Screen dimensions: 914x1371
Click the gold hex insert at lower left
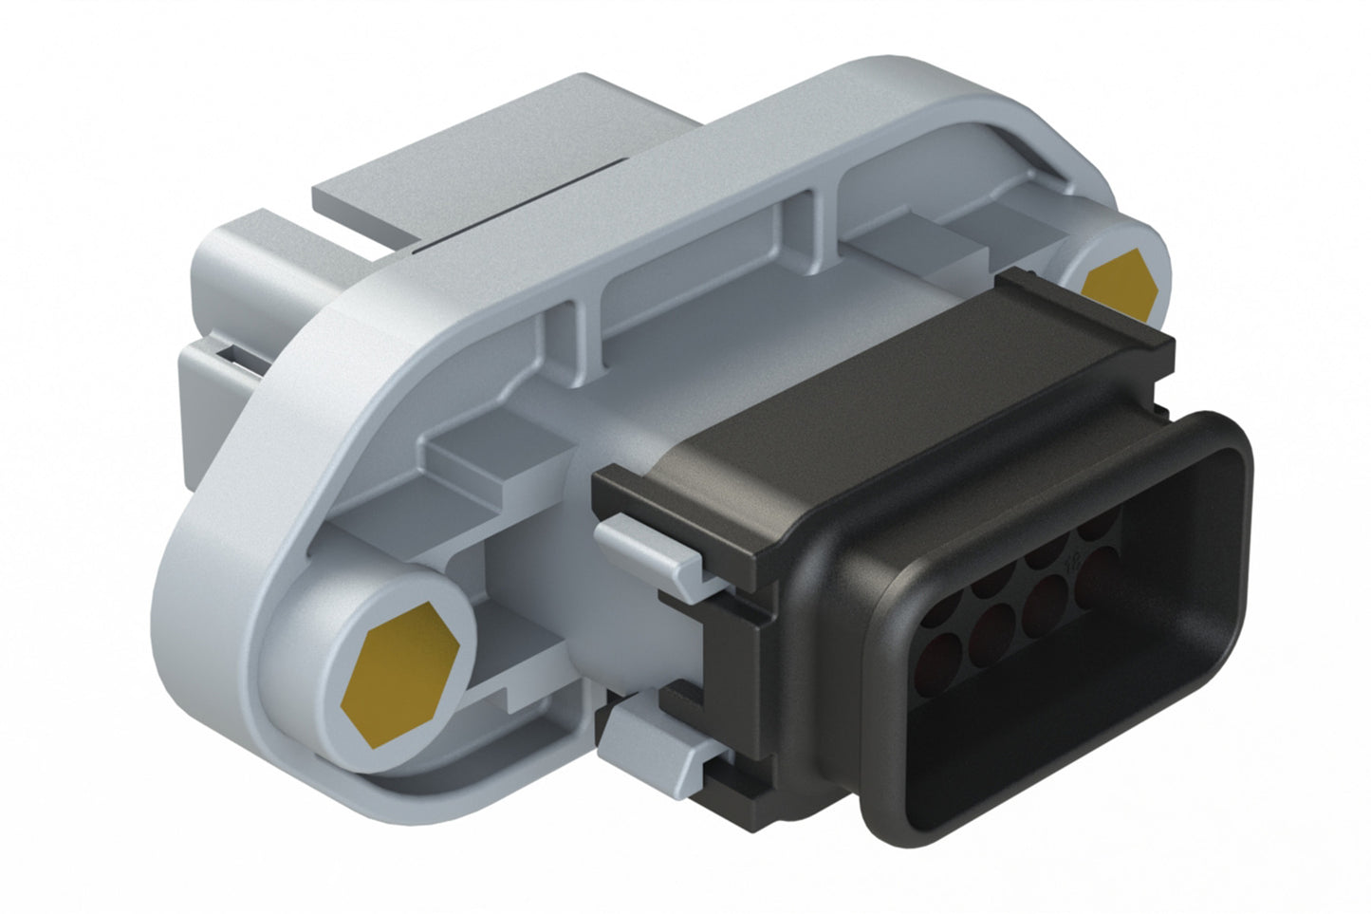(399, 669)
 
